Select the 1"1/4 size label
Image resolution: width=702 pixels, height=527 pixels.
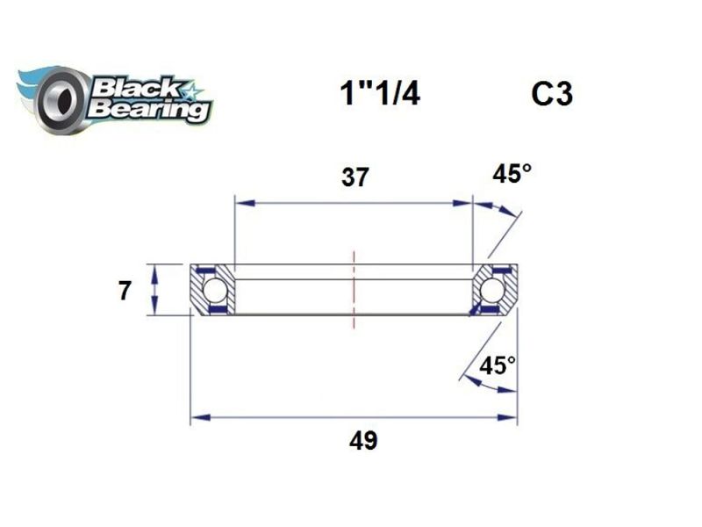379,93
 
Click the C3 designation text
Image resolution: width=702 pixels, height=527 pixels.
551,93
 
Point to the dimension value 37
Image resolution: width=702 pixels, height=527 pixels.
355,177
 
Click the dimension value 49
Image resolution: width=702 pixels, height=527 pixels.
362,440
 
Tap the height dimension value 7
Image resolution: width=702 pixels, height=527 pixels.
125,290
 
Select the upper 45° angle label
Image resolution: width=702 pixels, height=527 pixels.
512,174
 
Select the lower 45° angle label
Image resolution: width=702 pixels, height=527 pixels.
498,365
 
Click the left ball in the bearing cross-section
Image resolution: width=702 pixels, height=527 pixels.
214,289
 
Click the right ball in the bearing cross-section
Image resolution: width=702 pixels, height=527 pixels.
492,289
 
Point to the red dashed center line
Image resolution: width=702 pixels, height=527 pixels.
355,290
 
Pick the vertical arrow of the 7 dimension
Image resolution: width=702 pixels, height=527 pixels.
155,289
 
